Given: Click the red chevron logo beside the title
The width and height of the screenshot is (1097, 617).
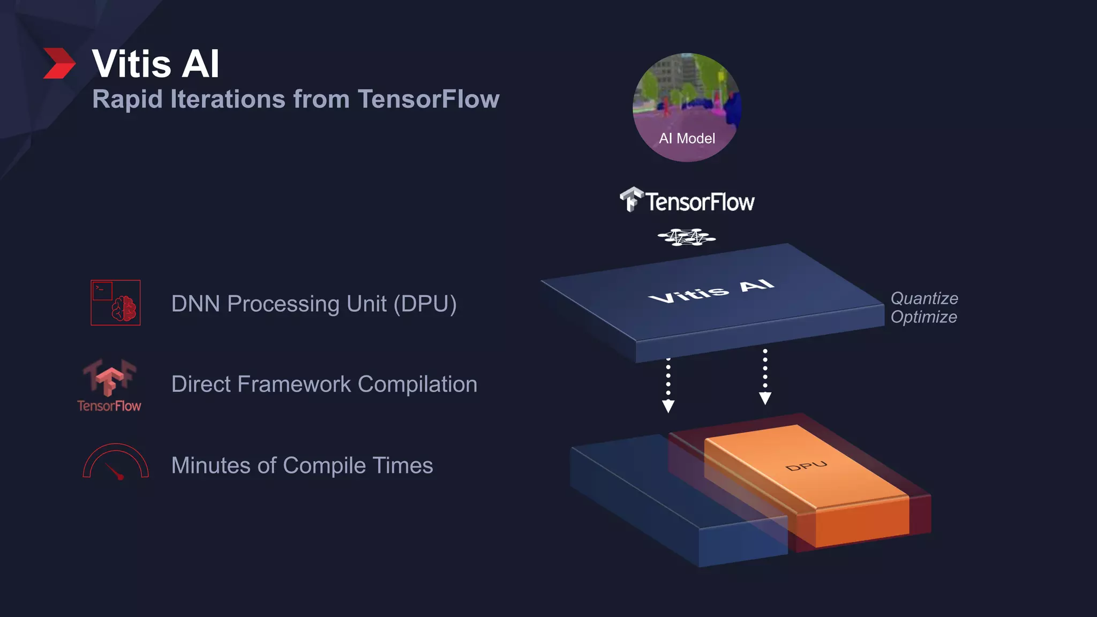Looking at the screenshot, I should (x=59, y=63).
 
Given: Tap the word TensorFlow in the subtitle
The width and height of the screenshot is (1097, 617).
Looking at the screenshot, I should (x=428, y=100).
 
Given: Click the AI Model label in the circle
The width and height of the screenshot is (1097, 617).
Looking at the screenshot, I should (x=687, y=139).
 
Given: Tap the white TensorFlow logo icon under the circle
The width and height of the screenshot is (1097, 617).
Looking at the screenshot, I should (x=631, y=200).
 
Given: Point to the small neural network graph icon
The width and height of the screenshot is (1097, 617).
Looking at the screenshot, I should (x=686, y=237).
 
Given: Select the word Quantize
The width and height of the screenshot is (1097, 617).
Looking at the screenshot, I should (x=924, y=298).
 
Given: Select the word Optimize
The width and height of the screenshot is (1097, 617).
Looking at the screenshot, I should (x=923, y=317).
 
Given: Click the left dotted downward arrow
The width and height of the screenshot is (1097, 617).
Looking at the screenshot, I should (x=668, y=386).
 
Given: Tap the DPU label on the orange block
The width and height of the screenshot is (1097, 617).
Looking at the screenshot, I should (x=806, y=466).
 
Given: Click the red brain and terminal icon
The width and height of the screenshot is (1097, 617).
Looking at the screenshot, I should (x=116, y=303).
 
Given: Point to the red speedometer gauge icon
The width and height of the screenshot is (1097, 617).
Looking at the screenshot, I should (x=116, y=462).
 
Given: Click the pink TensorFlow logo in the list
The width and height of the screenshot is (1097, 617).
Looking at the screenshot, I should (x=110, y=385).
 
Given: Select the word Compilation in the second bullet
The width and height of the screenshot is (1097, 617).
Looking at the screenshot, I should (x=417, y=385).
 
